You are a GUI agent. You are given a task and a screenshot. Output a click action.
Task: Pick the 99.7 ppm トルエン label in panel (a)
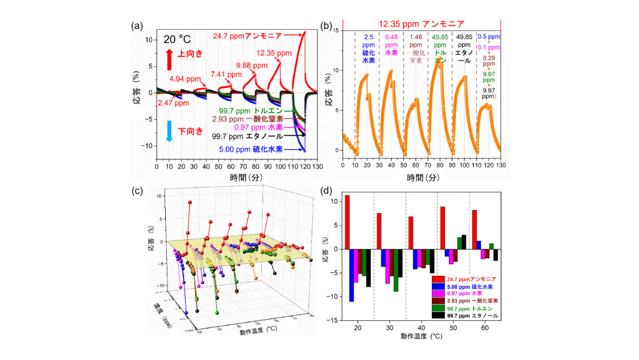257,110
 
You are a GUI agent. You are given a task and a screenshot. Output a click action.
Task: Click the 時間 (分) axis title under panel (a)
236,178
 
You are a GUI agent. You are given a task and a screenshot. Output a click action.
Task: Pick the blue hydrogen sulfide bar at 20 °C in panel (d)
351,275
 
